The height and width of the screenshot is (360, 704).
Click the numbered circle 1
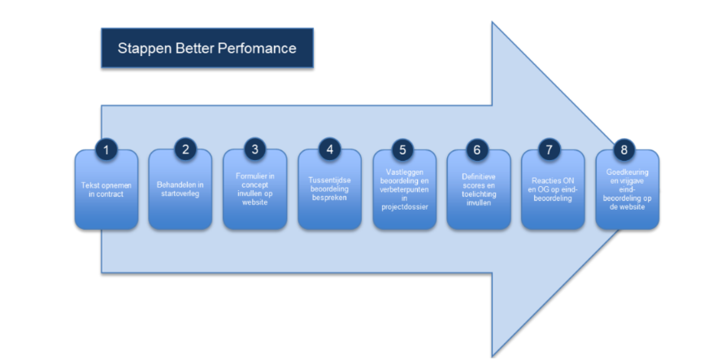pyautogui.click(x=106, y=150)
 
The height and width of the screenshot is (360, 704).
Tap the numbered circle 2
pyautogui.click(x=185, y=150)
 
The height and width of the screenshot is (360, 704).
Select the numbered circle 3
pyautogui.click(x=254, y=150)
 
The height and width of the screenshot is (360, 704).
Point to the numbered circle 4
pyautogui.click(x=329, y=150)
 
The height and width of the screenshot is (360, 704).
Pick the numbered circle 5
pyautogui.click(x=404, y=150)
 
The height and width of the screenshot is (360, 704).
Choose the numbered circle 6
pyautogui.click(x=478, y=150)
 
